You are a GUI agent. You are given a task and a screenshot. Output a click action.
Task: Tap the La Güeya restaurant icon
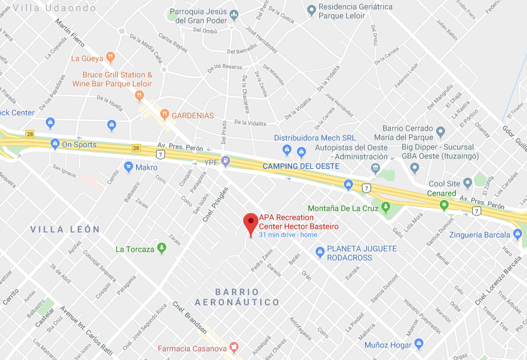coord(110,58)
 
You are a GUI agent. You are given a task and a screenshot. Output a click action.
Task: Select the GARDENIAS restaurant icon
coord(164,114)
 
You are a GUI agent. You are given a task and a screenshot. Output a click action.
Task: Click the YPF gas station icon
coord(226,161)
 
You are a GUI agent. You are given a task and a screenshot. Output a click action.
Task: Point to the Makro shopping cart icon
coord(128,167)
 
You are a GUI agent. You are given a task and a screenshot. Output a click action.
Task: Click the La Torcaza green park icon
coord(161,248)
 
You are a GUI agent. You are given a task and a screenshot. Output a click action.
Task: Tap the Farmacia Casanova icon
coord(234,347)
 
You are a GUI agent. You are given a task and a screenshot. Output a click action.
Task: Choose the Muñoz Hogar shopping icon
coord(419,344)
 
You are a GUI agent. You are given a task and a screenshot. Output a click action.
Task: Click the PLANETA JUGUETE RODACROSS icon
coord(320,253)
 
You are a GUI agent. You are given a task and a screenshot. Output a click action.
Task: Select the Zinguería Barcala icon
coord(519,234)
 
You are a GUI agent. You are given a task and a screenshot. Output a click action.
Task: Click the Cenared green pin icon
coord(444,205)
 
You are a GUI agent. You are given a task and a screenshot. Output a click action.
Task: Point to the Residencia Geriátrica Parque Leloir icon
coord(311,10)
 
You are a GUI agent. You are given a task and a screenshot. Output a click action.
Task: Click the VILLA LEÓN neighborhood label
coord(64,229)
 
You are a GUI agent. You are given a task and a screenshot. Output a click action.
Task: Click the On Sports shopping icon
coord(55,144)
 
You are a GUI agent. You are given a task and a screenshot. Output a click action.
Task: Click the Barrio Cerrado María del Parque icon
coord(441,132)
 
